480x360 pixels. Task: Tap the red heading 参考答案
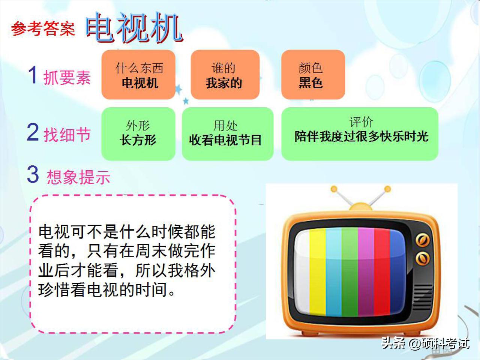click(43, 29)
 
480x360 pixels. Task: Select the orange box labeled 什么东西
click(138, 75)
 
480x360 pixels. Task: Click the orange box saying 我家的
click(225, 75)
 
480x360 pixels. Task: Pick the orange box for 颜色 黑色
click(313, 75)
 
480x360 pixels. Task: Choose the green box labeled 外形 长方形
click(138, 133)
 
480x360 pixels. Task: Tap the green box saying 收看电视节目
click(227, 133)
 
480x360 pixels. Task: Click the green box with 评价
click(360, 133)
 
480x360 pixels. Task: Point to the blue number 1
click(33, 75)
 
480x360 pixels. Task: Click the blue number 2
click(33, 132)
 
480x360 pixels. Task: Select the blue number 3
click(33, 174)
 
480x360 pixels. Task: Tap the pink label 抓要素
click(67, 78)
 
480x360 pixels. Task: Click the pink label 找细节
click(67, 134)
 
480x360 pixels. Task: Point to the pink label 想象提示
click(78, 177)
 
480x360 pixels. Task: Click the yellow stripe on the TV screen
click(318, 272)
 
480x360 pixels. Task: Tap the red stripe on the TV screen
click(382, 272)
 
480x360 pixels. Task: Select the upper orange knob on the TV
click(422, 240)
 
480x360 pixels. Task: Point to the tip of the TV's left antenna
click(334, 189)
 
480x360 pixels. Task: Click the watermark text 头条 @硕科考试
click(425, 343)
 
